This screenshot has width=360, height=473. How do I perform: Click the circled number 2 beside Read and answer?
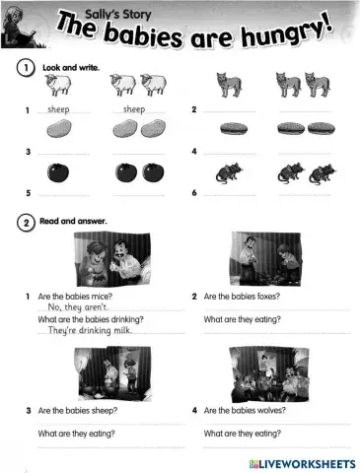coord(25,222)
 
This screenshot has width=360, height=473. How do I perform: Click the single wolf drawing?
coord(229,86)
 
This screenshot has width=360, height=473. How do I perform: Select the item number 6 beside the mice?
coord(194,192)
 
